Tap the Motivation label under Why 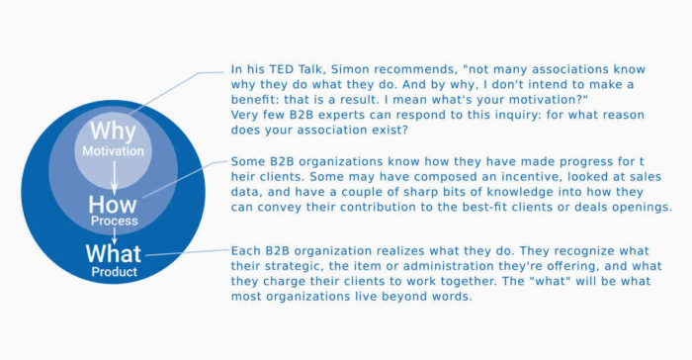click(113, 152)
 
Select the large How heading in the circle click(114, 206)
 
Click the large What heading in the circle click(114, 254)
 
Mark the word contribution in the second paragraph click(389, 208)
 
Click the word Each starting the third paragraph click(245, 251)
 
